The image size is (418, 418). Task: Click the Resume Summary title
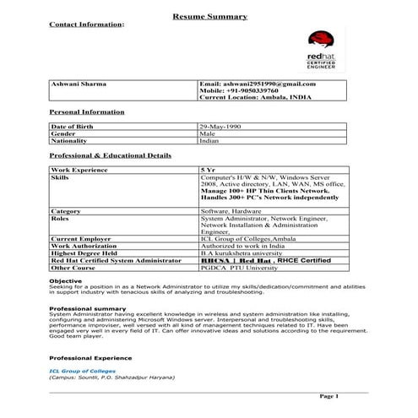tap(209, 16)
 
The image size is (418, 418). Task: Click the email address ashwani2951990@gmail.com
tap(257, 84)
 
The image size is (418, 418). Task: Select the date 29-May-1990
tap(221, 126)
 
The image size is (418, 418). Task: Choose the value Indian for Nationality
tap(209, 141)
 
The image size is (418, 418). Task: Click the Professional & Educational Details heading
tap(110, 155)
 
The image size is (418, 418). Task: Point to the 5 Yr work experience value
tap(207, 170)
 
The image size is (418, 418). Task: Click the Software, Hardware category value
tap(231, 210)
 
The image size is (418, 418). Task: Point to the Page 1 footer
tap(328, 395)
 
